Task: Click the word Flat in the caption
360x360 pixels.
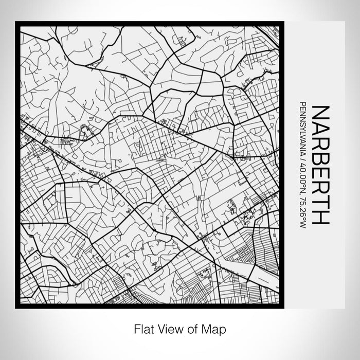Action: [x=142, y=328]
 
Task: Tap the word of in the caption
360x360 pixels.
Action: [x=193, y=328]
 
